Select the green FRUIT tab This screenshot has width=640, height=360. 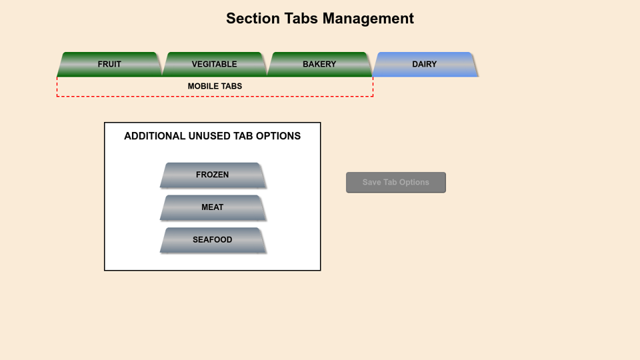(x=109, y=64)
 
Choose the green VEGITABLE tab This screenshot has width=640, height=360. (x=215, y=64)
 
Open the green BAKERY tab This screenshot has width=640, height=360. (x=319, y=64)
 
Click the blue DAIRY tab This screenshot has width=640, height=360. (x=425, y=64)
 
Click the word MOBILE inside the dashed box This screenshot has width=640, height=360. (x=202, y=87)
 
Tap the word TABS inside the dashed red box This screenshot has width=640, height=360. (x=231, y=87)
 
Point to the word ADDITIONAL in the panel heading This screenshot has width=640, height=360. (x=155, y=136)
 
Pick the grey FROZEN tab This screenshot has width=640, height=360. (x=213, y=175)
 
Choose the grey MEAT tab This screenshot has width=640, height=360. (x=213, y=207)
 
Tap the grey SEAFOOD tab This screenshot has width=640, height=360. (x=213, y=240)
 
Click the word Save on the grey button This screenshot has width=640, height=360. (x=371, y=182)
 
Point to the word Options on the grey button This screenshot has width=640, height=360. (x=414, y=182)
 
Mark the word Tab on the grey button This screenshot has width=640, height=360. (x=391, y=182)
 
